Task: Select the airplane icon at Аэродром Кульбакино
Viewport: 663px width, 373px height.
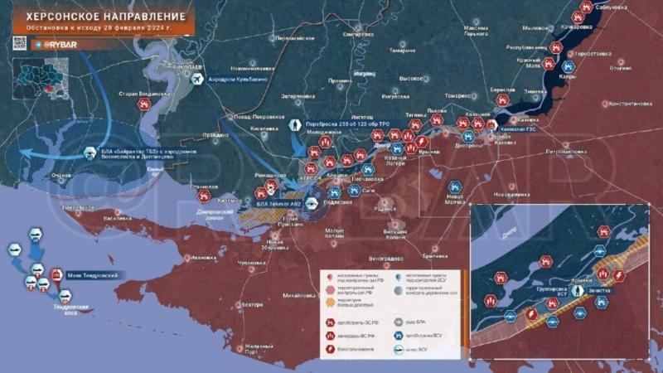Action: tap(197, 79)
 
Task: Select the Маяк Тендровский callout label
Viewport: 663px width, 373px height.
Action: tap(92, 274)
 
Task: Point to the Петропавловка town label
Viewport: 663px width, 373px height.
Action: tap(563, 153)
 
